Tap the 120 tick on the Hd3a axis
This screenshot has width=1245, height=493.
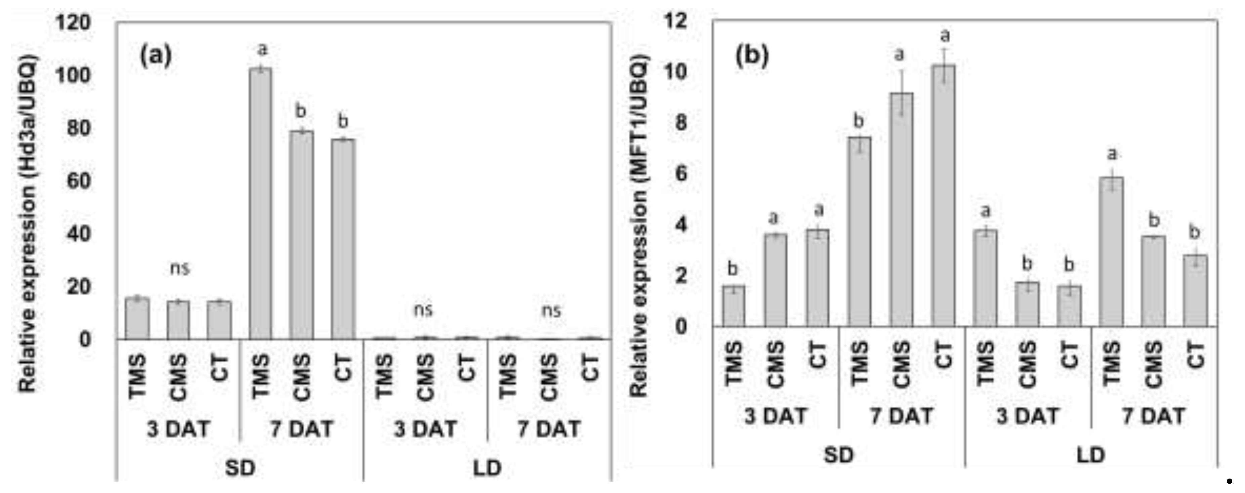click(73, 23)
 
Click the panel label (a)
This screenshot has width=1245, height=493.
click(156, 56)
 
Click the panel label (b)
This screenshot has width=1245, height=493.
click(752, 56)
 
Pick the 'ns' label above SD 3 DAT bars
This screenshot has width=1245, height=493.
click(180, 268)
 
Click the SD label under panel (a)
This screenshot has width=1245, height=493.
click(240, 468)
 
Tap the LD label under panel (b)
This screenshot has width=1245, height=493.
click(1091, 455)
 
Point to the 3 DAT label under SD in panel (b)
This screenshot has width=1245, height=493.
click(776, 416)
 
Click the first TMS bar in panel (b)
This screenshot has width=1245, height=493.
click(733, 306)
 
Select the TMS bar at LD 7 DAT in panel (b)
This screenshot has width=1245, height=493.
click(1111, 251)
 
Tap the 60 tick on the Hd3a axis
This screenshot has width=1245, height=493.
click(79, 181)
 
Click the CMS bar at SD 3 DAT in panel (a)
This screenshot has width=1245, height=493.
click(178, 320)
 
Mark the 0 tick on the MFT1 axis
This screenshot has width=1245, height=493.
click(681, 327)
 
